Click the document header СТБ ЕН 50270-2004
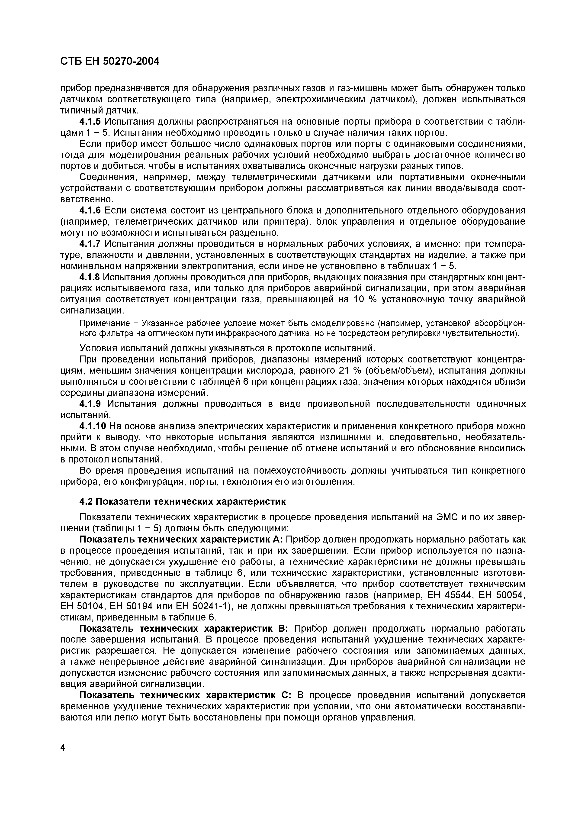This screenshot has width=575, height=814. click(110, 61)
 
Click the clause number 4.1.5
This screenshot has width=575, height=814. click(90, 122)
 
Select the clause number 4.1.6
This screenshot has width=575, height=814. click(90, 211)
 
